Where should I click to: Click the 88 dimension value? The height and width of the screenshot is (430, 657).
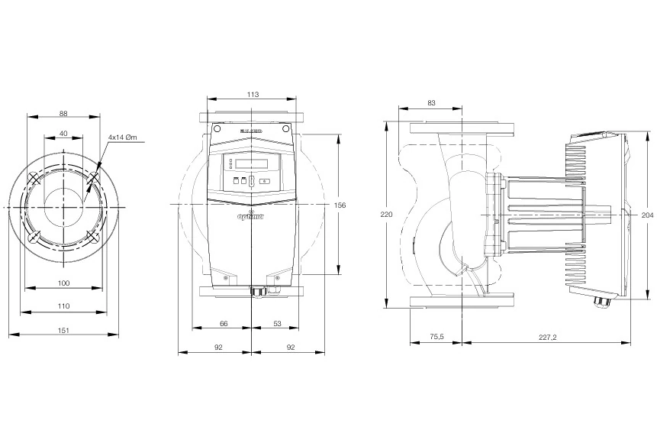pyautogui.click(x=63, y=114)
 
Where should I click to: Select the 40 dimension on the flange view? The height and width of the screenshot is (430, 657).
pyautogui.click(x=63, y=134)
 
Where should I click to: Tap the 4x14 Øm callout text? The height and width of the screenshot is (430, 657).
pyautogui.click(x=121, y=137)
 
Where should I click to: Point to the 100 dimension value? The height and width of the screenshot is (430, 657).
pyautogui.click(x=63, y=283)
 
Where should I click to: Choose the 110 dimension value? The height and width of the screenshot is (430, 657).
pyautogui.click(x=63, y=306)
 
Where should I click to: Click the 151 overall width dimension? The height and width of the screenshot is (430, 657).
pyautogui.click(x=63, y=330)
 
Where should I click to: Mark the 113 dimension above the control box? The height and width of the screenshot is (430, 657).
pyautogui.click(x=253, y=94)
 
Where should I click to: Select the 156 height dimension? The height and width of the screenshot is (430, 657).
pyautogui.click(x=340, y=205)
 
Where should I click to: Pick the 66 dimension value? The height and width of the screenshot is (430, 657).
pyautogui.click(x=224, y=324)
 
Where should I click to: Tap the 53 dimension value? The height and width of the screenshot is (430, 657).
pyautogui.click(x=277, y=324)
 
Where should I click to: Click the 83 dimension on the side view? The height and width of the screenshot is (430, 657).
pyautogui.click(x=431, y=102)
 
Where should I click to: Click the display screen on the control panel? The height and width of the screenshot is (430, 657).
pyautogui.click(x=253, y=163)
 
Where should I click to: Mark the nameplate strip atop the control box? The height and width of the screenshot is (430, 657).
pyautogui.click(x=252, y=131)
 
